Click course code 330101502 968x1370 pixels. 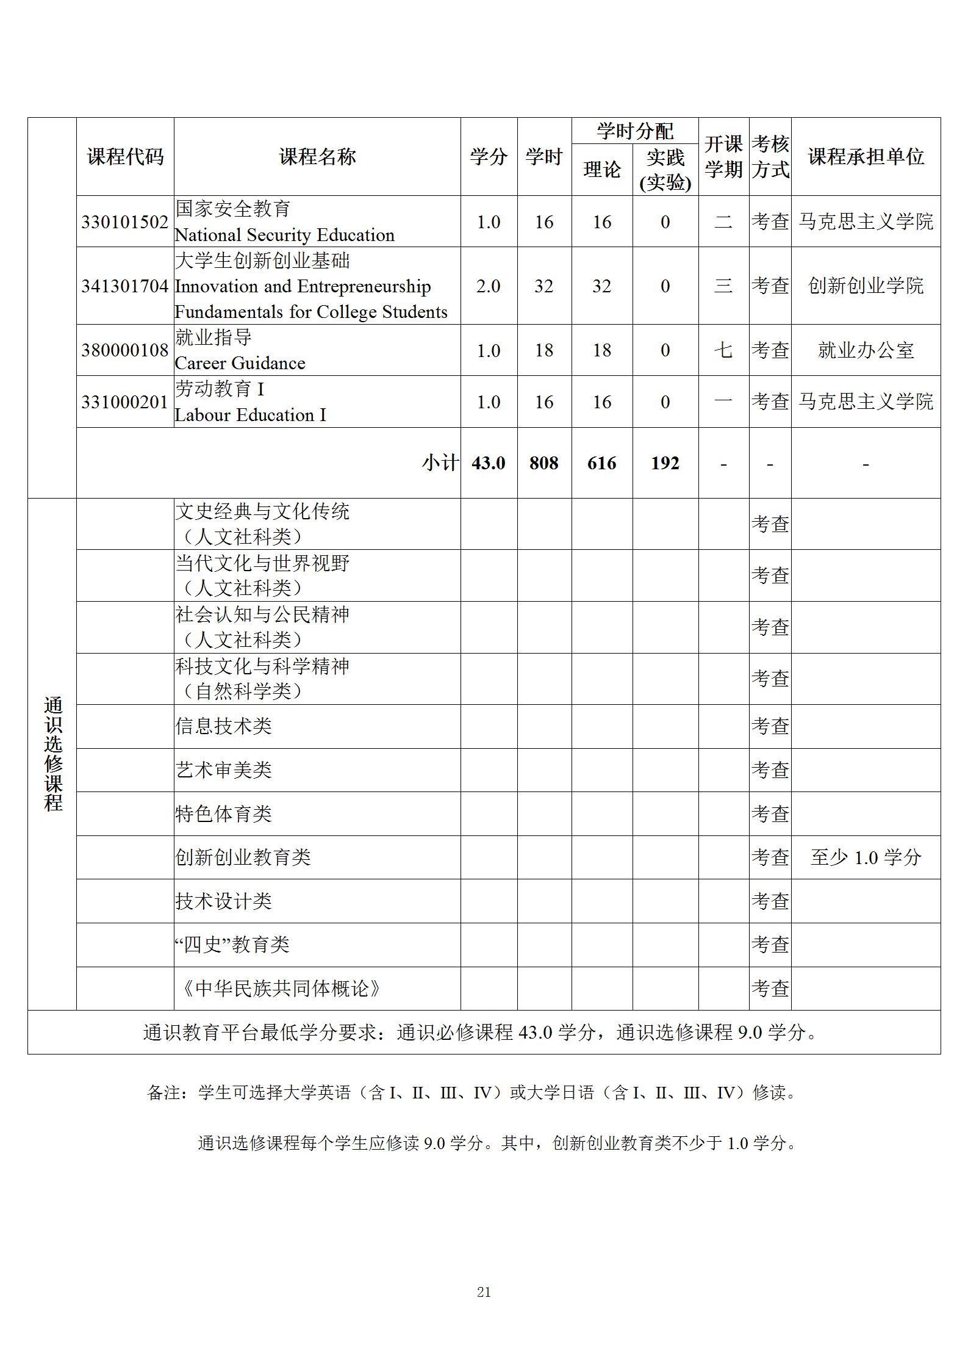[x=124, y=222]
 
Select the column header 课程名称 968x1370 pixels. [x=317, y=157]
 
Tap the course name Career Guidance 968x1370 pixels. [x=240, y=363]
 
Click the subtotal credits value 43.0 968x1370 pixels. [x=488, y=463]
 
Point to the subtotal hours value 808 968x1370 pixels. [x=543, y=463]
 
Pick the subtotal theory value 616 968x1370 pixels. [x=601, y=463]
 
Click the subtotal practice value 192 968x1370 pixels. [x=665, y=463]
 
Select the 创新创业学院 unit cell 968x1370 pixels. [x=866, y=286]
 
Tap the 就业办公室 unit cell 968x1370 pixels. [x=866, y=350]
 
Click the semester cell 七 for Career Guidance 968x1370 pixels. [x=723, y=350]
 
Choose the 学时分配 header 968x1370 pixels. [x=635, y=131]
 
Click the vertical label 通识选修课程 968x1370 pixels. [x=53, y=754]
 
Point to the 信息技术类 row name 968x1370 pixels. [x=223, y=726]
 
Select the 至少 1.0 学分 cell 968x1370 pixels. [x=866, y=857]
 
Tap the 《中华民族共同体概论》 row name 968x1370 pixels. [x=280, y=988]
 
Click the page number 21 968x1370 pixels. [x=484, y=1292]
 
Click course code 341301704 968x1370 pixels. [x=124, y=286]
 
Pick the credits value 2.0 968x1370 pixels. [x=488, y=286]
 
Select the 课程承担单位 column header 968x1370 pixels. [x=866, y=157]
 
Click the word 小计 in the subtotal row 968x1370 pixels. [x=440, y=463]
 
